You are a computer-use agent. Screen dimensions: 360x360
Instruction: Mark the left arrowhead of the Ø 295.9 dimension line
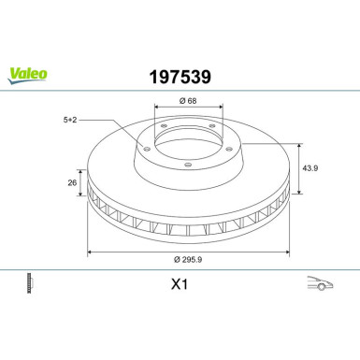click(x=90, y=252)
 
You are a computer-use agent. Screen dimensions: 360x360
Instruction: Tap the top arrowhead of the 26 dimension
click(x=81, y=172)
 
